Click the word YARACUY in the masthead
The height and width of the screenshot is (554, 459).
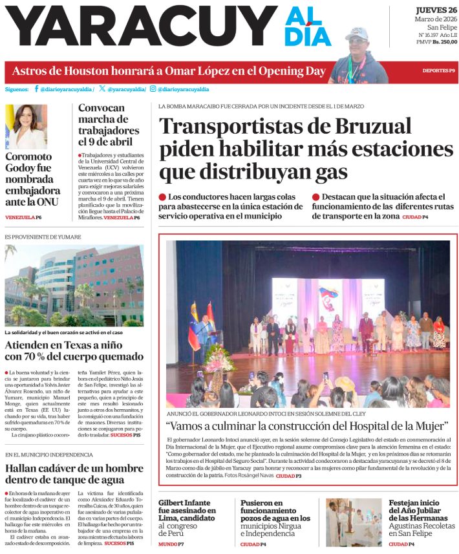click(x=136, y=27)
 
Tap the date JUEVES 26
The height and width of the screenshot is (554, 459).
click(x=436, y=10)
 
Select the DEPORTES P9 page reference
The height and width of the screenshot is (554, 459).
click(x=439, y=70)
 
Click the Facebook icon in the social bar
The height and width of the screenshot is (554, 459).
click(x=36, y=89)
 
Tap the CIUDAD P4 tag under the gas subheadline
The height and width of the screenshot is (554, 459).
click(x=416, y=217)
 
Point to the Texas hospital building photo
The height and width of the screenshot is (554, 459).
click(x=74, y=285)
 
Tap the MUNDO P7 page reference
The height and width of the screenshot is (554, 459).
click(x=171, y=544)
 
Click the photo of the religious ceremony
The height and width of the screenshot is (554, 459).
click(x=354, y=522)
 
